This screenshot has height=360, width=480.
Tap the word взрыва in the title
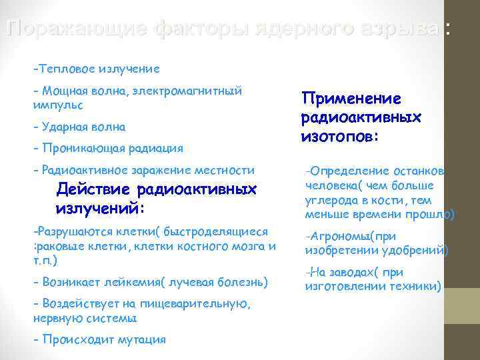(407, 29)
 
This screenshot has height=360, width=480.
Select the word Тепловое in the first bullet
(67, 68)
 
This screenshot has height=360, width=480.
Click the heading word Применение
(351, 99)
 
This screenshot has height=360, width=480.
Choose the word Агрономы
(340, 236)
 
